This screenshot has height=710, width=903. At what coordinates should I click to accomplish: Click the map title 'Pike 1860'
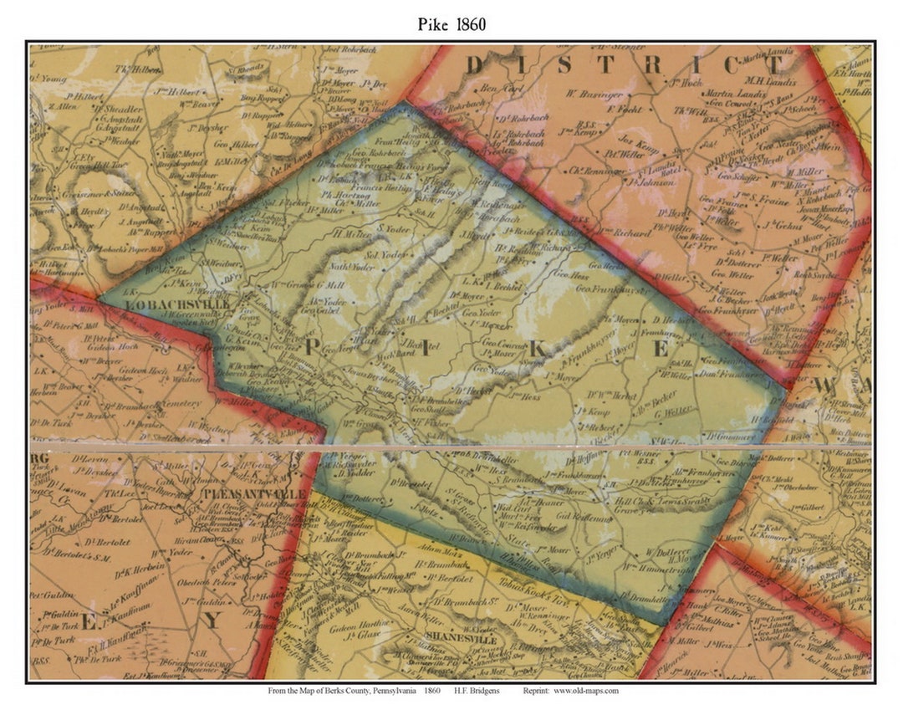pyautogui.click(x=451, y=24)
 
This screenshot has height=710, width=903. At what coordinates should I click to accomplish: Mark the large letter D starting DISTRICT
pyautogui.click(x=475, y=64)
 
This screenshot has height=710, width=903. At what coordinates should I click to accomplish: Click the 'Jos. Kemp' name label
pyautogui.click(x=640, y=141)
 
